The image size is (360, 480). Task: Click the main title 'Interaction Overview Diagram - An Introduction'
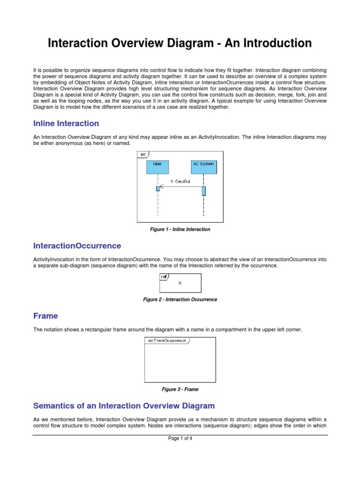pos(180,44)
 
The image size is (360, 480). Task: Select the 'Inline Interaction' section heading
pos(66,124)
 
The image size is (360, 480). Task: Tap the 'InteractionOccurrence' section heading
pos(77,246)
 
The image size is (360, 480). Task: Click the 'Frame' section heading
pos(45,316)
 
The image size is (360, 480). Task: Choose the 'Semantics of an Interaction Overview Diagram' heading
pos(124,406)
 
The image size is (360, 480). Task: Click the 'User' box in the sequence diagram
pos(157,166)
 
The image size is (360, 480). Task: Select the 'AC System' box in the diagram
pos(203,166)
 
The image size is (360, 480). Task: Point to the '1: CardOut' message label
pos(180,181)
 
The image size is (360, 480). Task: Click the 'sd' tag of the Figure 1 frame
pos(142,154)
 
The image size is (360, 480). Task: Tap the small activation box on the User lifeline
pos(158,188)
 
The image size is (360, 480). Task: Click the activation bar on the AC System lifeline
pos(204,191)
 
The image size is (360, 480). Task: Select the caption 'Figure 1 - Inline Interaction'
pos(180,230)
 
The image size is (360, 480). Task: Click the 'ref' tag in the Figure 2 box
pos(164,277)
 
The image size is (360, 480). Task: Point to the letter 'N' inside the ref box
pos(180,283)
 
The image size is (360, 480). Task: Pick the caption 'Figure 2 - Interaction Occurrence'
pos(180,300)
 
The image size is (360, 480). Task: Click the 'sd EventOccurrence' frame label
pos(167,341)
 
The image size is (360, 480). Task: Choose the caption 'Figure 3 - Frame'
pos(180,390)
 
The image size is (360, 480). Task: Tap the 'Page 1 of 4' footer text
pos(180,439)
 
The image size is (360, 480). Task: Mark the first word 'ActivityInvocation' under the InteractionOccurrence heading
pos(52,259)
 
